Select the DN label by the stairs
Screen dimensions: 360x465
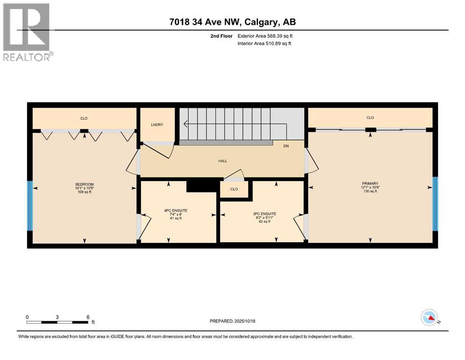click(286, 146)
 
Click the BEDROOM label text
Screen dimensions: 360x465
click(84, 184)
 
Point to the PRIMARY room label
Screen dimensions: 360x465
click(369, 184)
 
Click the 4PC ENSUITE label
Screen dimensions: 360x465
click(176, 210)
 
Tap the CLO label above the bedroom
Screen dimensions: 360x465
click(84, 118)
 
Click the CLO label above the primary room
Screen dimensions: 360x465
click(370, 118)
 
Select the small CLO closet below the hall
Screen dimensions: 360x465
click(235, 189)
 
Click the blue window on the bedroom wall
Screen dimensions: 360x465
click(30, 206)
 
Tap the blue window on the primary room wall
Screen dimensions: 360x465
click(435, 204)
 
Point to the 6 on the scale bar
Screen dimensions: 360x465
click(88, 317)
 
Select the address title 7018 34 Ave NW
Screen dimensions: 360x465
click(232, 22)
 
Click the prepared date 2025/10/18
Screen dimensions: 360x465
click(232, 321)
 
